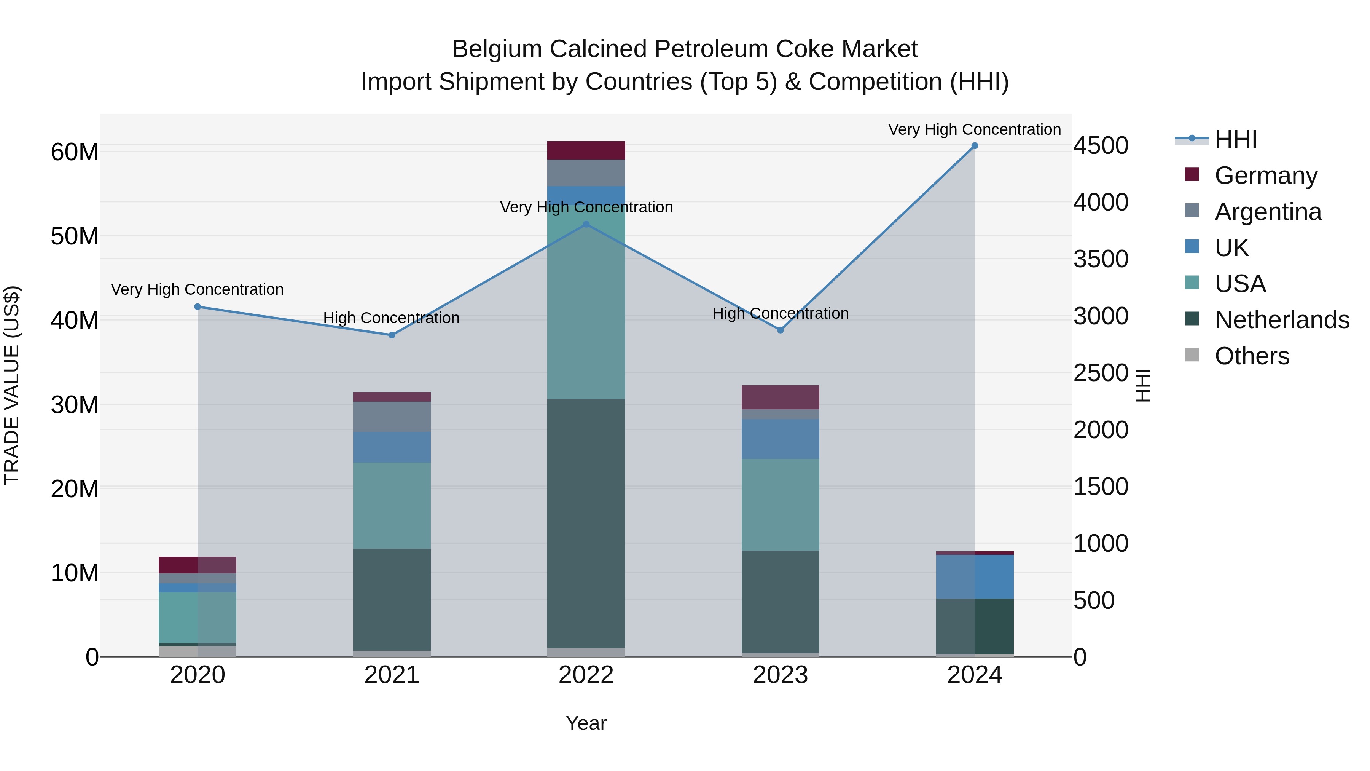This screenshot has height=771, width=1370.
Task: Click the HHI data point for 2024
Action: (x=974, y=146)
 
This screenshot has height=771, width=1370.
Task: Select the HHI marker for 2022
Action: (x=586, y=225)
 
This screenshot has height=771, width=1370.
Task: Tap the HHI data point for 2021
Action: (x=392, y=335)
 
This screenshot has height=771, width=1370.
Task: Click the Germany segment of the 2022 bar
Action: (x=586, y=150)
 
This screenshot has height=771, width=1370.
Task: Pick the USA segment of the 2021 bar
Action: (x=392, y=506)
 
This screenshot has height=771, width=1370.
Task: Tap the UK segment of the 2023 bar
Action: (x=780, y=439)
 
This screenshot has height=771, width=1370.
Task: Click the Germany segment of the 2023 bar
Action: (x=780, y=397)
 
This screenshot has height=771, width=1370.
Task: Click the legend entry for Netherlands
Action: (x=1282, y=320)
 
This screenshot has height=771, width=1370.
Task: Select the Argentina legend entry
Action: (x=1268, y=212)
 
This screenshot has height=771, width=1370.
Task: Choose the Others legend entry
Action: (x=1252, y=356)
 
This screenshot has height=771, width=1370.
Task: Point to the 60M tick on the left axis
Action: (x=75, y=152)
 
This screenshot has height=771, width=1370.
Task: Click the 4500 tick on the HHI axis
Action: (x=1100, y=146)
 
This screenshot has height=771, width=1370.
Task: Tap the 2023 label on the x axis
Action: (x=780, y=675)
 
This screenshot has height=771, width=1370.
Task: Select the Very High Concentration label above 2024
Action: (x=974, y=129)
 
